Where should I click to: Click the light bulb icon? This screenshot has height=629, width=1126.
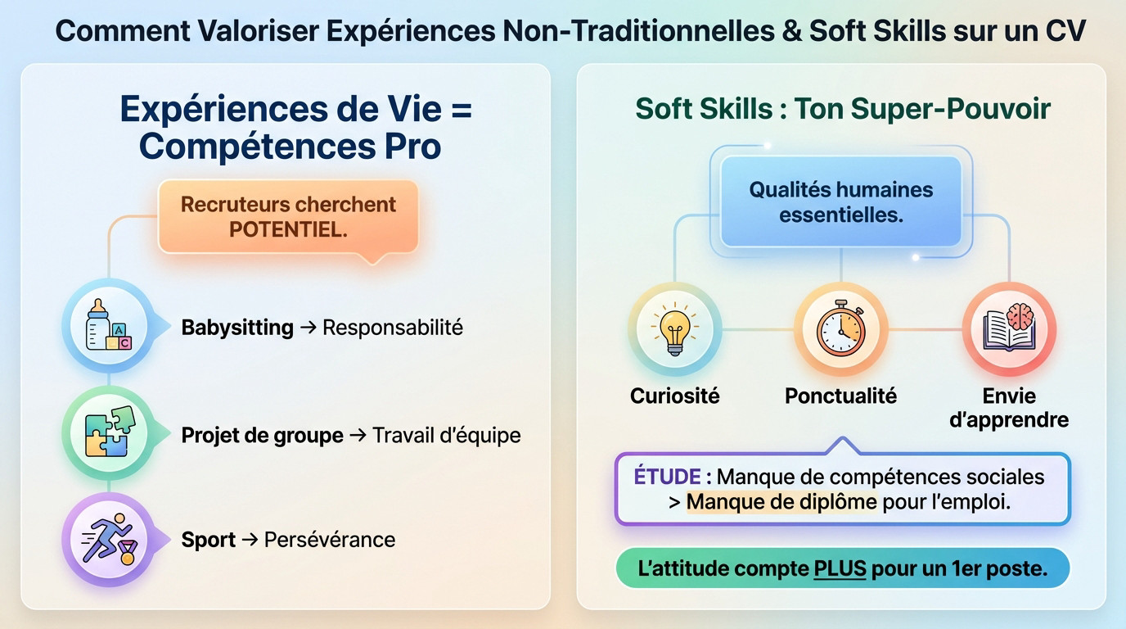675,329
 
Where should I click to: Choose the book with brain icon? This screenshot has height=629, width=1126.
1008,329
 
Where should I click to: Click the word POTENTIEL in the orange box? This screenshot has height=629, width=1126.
288,229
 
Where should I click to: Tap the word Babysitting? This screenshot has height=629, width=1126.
237,328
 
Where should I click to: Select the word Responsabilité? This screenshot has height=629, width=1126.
393,328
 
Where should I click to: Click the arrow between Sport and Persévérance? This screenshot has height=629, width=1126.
250,540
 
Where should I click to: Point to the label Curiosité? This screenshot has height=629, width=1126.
675,396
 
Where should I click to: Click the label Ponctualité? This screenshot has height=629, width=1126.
840,396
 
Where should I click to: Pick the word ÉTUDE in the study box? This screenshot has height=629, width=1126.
667,477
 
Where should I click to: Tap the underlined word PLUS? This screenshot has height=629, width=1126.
840,568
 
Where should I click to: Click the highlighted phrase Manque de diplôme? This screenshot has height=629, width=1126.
781,502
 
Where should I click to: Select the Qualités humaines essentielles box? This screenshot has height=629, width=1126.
840,201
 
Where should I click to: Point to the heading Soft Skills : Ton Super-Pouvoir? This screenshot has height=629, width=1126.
843,109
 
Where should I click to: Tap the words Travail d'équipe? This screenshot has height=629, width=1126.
447,435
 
